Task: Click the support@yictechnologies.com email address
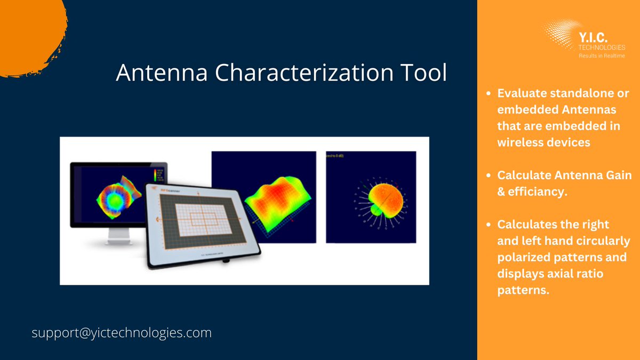(x=122, y=333)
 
